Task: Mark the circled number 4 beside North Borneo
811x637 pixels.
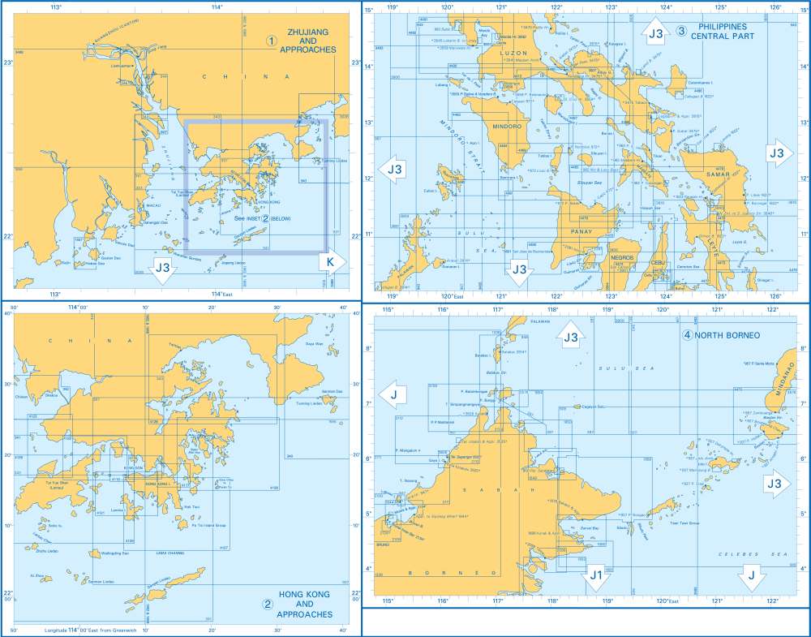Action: pyautogui.click(x=688, y=335)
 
